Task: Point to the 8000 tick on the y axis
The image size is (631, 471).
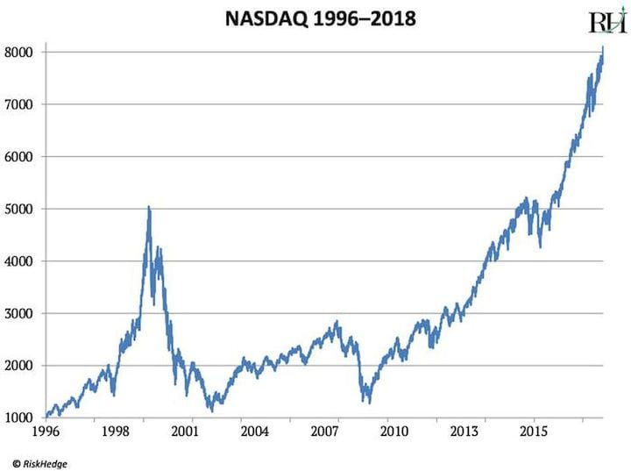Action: [x=21, y=53]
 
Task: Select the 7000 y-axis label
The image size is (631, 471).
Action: [x=21, y=104]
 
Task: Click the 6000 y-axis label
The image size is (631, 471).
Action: [x=21, y=157]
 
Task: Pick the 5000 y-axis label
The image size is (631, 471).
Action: [x=21, y=209]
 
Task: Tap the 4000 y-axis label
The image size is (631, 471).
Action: [x=21, y=261]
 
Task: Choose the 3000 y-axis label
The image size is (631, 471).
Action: [x=21, y=313]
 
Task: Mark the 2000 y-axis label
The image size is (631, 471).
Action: [x=21, y=366]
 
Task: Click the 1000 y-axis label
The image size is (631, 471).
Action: [x=21, y=417]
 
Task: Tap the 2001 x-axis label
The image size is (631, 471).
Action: [x=182, y=432]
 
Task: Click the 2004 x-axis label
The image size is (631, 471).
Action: [x=253, y=432]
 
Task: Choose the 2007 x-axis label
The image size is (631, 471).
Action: [x=323, y=432]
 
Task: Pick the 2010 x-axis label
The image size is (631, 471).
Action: [x=393, y=432]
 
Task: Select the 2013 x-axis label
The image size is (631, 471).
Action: [x=464, y=432]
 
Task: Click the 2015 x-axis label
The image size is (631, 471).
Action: [x=535, y=432]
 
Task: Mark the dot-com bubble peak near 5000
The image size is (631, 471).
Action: [x=149, y=208]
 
